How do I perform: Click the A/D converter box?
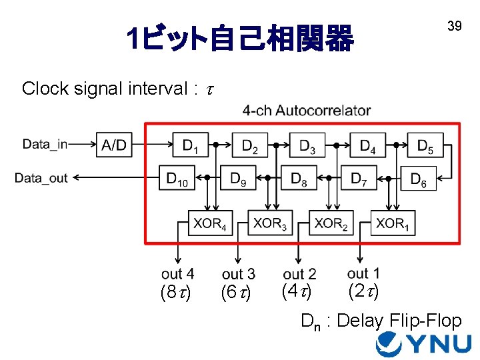pyautogui.click(x=114, y=145)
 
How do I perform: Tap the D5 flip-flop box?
pyautogui.click(x=424, y=145)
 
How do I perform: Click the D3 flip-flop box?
pyautogui.click(x=307, y=145)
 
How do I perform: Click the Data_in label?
pyautogui.click(x=45, y=144)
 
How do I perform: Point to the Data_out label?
pyautogui.click(x=41, y=178)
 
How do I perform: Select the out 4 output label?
pyautogui.click(x=177, y=273)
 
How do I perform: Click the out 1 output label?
pyautogui.click(x=363, y=273)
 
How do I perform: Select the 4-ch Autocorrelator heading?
pyautogui.click(x=306, y=111)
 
